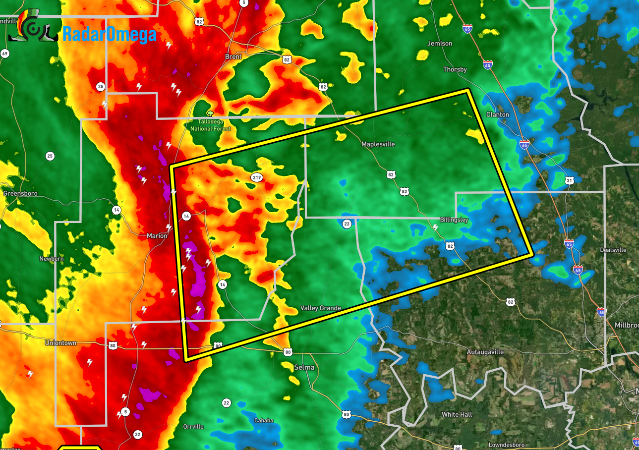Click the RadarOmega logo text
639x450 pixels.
click(109, 34)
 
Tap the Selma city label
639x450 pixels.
click(304, 367)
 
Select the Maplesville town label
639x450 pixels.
click(378, 144)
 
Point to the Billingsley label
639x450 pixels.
click(454, 220)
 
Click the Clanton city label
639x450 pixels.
click(497, 114)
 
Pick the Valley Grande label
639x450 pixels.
click(320, 308)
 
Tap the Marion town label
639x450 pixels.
click(157, 236)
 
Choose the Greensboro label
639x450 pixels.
click(20, 193)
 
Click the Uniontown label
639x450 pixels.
click(60, 343)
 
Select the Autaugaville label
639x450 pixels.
click(485, 352)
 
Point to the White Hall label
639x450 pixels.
click(457, 414)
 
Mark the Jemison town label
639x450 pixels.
click(440, 44)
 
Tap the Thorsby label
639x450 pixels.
click(455, 69)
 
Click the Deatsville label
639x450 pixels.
click(613, 250)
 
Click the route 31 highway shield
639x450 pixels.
click(569, 181)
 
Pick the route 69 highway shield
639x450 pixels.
click(4, 54)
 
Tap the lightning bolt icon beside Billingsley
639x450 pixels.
click(435, 227)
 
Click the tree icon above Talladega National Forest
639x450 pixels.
click(210, 113)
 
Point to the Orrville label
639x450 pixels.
click(193, 426)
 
